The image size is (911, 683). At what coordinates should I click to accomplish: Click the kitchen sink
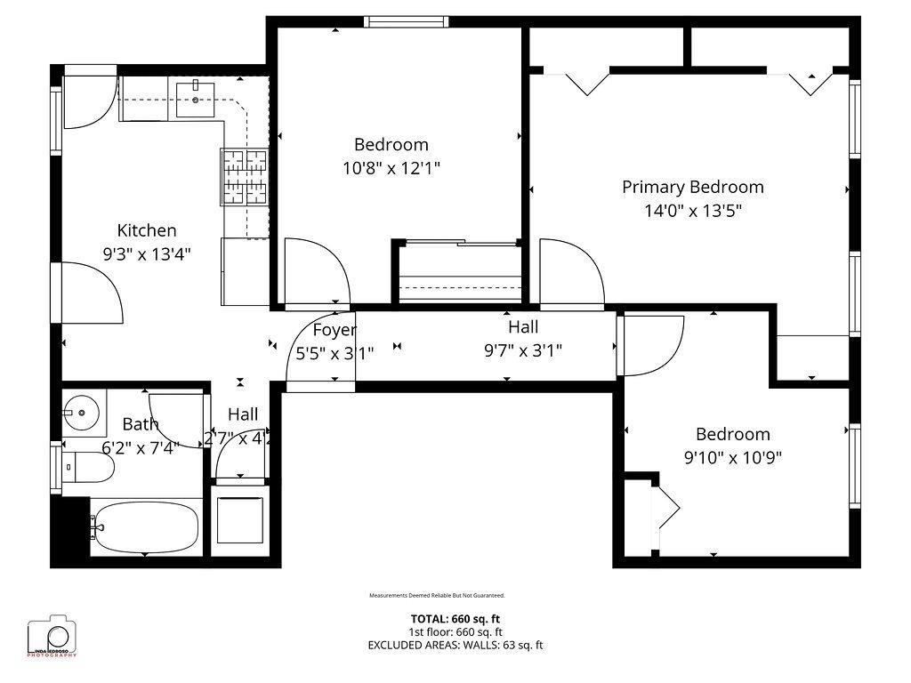pyautogui.click(x=195, y=98)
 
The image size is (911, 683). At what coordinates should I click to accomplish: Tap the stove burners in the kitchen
pyautogui.click(x=244, y=176)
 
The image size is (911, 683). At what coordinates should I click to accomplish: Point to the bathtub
pyautogui.click(x=144, y=527)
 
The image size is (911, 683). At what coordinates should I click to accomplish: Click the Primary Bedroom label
pyautogui.click(x=692, y=187)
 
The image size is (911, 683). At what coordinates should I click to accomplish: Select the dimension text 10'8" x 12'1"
pyautogui.click(x=391, y=167)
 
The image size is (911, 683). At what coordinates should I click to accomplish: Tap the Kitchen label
pyautogui.click(x=147, y=230)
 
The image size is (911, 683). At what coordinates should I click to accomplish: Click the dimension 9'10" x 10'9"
pyautogui.click(x=732, y=458)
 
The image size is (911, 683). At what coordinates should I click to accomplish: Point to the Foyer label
pyautogui.click(x=335, y=330)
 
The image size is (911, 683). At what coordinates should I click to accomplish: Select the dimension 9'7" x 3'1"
pyautogui.click(x=522, y=350)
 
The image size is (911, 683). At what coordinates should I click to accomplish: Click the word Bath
pyautogui.click(x=140, y=423)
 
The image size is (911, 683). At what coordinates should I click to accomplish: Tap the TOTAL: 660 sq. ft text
pyautogui.click(x=455, y=619)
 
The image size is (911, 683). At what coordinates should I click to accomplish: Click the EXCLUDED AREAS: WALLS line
pyautogui.click(x=455, y=645)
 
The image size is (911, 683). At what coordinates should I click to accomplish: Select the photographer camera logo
pyautogui.click(x=52, y=635)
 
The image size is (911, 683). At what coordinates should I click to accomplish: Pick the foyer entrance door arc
pyautogui.click(x=321, y=352)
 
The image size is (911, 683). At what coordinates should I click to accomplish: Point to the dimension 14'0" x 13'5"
pyautogui.click(x=692, y=211)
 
